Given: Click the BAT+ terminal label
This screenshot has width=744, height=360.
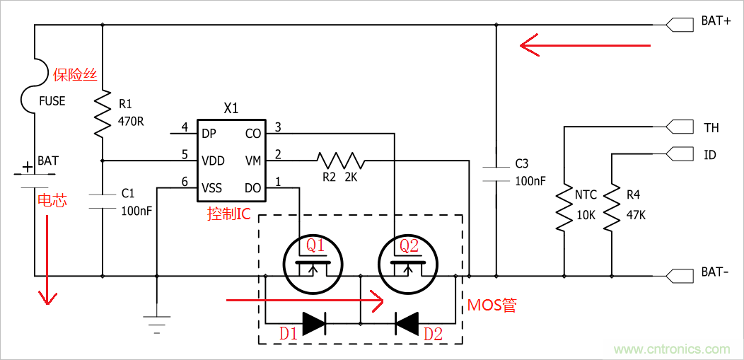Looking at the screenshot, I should click(x=716, y=21).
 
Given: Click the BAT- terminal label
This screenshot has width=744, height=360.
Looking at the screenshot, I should click(x=715, y=272).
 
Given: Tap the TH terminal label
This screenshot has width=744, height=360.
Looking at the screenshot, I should click(x=711, y=128).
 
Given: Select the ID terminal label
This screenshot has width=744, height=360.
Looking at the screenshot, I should click(x=709, y=154).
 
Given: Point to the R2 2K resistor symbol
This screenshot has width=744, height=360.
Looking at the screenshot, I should click(x=340, y=160).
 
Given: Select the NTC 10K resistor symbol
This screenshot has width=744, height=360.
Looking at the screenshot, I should click(x=564, y=209).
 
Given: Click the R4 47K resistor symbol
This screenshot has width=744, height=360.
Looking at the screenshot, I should click(x=610, y=209).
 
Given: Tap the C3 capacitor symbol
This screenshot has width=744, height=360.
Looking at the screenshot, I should click(x=496, y=173).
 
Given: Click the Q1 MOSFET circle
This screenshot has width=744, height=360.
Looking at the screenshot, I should click(x=313, y=263).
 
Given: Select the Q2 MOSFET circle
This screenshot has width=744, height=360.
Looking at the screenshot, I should click(x=407, y=263).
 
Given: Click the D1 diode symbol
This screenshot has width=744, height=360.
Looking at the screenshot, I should click(x=313, y=323).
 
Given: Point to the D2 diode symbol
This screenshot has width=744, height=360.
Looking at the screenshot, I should click(x=407, y=323).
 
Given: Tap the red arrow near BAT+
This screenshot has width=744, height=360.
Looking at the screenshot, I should click(x=585, y=46).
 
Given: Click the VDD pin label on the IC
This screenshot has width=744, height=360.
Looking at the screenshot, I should click(x=213, y=161).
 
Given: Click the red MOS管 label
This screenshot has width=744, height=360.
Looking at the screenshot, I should click(x=492, y=306).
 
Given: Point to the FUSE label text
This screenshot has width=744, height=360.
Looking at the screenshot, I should click(x=52, y=101).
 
